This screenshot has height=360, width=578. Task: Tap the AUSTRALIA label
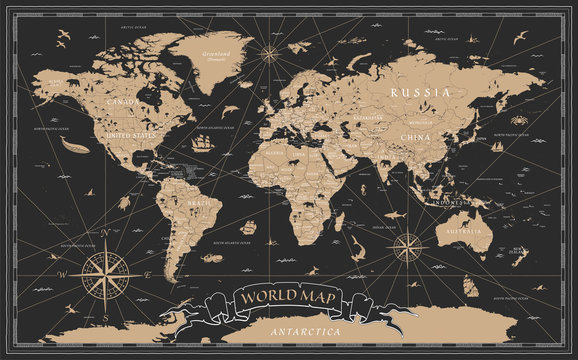point(463,232)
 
